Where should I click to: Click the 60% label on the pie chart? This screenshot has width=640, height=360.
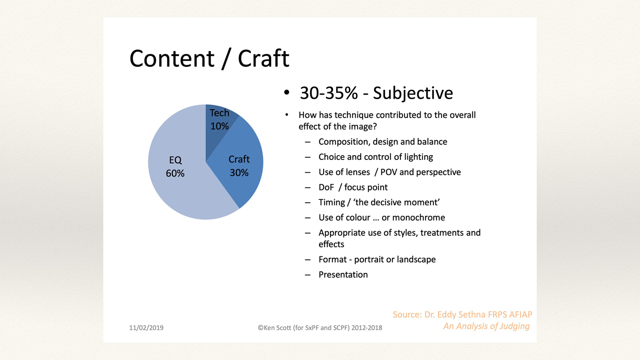click(175, 173)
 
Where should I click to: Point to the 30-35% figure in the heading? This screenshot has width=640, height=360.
click(329, 93)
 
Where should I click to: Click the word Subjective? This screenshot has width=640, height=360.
click(413, 94)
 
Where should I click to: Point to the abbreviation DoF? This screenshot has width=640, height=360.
click(326, 187)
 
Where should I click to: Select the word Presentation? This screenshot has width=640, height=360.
click(343, 275)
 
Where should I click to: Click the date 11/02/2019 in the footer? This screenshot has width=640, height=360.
click(146, 328)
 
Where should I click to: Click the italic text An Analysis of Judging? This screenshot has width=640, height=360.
click(486, 326)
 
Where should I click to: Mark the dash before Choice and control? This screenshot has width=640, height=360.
click(307, 157)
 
